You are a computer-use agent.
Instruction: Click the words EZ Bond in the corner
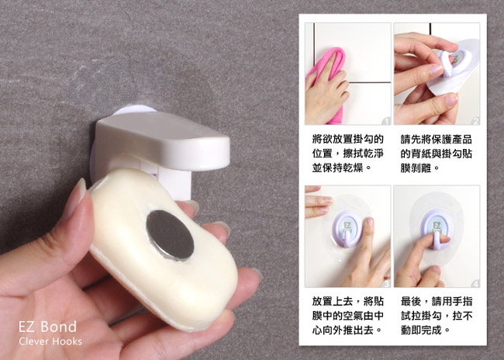[x=47, y=327]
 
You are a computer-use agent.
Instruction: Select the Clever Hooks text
[x=50, y=341]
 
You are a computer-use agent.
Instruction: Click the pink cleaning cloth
[x=325, y=81]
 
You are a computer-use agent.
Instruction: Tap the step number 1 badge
[x=387, y=121]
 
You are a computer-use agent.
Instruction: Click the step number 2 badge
[x=476, y=121]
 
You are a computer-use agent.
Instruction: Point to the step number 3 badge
[x=387, y=283]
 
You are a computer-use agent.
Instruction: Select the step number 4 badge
[x=476, y=283]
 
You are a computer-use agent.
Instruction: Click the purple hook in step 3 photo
[x=347, y=229]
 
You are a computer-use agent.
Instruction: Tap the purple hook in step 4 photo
[x=437, y=229]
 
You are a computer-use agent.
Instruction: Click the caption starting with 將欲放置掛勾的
[x=348, y=154]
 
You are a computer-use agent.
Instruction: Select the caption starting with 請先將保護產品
[x=437, y=154]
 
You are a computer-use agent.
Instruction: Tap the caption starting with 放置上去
[x=348, y=316]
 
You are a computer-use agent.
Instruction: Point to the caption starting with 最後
[x=437, y=316]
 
